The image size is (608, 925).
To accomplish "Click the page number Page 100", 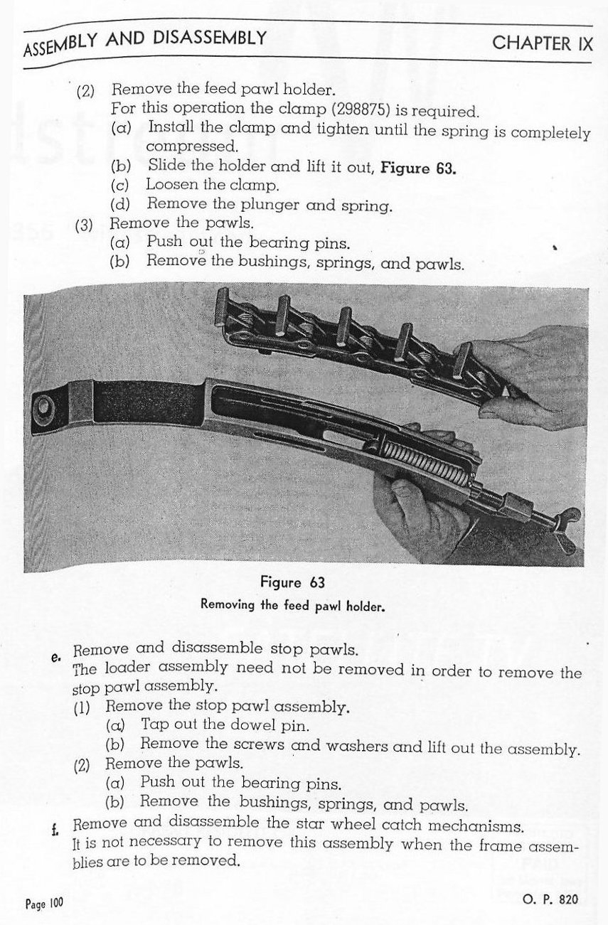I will (44, 904).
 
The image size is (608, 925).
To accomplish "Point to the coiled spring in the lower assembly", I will (426, 462).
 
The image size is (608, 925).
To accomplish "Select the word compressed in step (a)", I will (191, 147).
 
